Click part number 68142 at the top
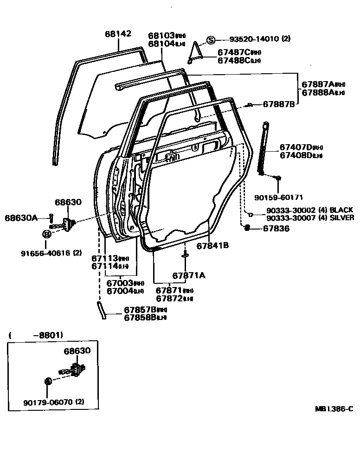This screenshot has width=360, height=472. [118, 34]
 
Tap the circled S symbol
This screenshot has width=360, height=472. [211, 40]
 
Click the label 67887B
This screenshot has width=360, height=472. [279, 104]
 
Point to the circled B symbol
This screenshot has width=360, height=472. [46, 234]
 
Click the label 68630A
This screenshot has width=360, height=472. [21, 217]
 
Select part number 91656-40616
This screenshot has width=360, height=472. [45, 253]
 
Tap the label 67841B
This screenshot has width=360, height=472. [212, 246]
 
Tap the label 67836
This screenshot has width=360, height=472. [276, 228]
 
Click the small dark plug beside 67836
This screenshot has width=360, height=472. [247, 228]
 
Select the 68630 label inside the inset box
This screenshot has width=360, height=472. [77, 351]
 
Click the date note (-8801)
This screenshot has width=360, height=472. [36, 335]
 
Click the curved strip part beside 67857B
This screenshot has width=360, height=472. [101, 310]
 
